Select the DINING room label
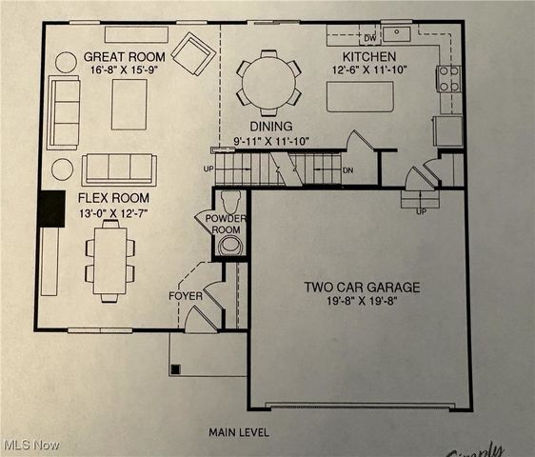(271, 126)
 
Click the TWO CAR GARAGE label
(362, 287)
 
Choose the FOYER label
(186, 296)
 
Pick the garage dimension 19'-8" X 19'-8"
(362, 302)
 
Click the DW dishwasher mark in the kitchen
(370, 38)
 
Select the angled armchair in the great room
(194, 53)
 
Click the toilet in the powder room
(229, 202)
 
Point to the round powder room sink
(229, 246)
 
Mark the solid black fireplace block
(50, 209)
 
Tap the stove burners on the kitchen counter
(448, 78)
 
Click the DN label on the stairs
(347, 170)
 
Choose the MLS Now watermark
(30, 445)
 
